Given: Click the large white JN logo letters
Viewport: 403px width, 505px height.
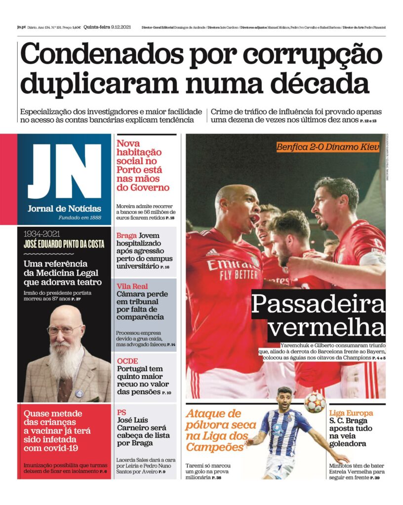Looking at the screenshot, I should pyautogui.click(x=64, y=171).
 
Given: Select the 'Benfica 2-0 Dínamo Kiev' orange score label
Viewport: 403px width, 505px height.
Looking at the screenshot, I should pyautogui.click(x=328, y=147).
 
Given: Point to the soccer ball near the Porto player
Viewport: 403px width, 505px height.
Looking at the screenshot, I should pyautogui.click(x=315, y=403).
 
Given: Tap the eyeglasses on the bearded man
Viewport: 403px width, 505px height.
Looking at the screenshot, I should pyautogui.click(x=65, y=330).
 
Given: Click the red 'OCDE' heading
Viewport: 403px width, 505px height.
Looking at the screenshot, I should pyautogui.click(x=127, y=361).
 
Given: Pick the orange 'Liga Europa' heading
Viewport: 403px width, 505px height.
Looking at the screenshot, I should pyautogui.click(x=351, y=413).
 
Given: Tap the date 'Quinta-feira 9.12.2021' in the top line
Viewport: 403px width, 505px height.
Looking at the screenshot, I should pyautogui.click(x=106, y=27).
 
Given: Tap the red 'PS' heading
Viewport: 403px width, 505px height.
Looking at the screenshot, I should pyautogui.click(x=121, y=412).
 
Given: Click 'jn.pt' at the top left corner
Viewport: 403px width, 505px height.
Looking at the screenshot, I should pyautogui.click(x=21, y=27).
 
